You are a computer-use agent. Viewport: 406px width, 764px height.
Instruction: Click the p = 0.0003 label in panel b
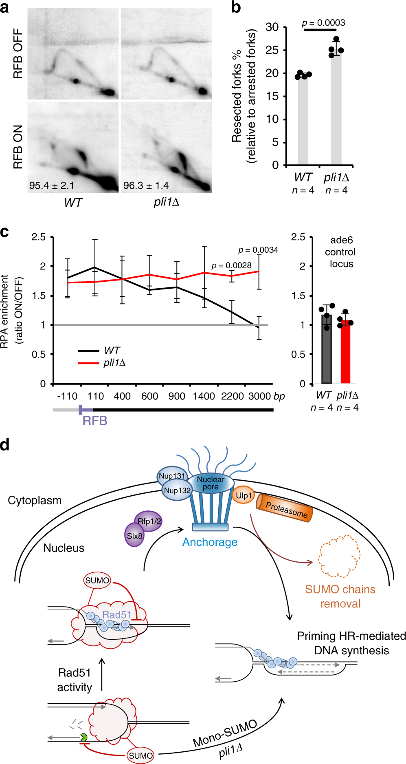click(323, 23)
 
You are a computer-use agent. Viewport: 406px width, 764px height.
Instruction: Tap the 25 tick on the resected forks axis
click(272, 50)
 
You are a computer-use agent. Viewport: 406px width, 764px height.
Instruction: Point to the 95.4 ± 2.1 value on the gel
click(51, 185)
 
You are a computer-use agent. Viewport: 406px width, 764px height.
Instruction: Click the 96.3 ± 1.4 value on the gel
click(146, 185)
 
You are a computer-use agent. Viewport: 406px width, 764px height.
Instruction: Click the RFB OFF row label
click(18, 53)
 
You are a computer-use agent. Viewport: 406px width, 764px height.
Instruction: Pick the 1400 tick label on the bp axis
click(204, 396)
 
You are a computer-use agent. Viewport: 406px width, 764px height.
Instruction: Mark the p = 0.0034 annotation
click(258, 250)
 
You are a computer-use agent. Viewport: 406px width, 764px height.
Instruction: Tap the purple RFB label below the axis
click(94, 421)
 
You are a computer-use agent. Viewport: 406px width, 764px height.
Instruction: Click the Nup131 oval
click(172, 476)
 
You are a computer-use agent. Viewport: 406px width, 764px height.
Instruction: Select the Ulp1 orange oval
click(244, 495)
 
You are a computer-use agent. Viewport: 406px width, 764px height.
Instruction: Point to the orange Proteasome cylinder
click(285, 508)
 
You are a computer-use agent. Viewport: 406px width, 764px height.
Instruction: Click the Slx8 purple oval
click(134, 536)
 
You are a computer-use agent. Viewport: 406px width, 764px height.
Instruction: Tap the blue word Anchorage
click(210, 542)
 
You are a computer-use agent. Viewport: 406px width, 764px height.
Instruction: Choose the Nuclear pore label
click(211, 483)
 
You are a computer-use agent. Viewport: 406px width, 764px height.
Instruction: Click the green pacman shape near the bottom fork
click(83, 737)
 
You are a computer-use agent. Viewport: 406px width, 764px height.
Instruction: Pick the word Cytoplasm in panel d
click(35, 500)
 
